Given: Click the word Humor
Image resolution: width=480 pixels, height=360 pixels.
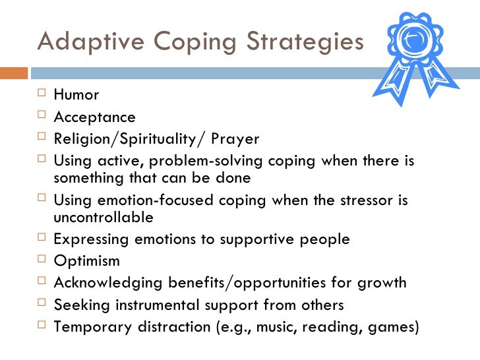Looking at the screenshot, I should pos(76,95).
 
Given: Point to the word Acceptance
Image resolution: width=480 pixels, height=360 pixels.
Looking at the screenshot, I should pos(94,117).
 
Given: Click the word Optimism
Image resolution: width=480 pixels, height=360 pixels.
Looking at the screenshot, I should pos(86,260).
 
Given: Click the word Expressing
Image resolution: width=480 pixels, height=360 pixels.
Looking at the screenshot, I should pos(92,239).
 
